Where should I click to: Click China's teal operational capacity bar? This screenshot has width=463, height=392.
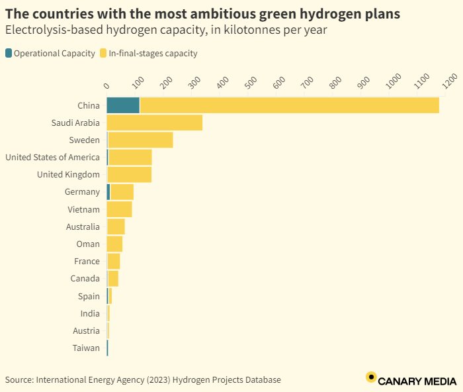123,105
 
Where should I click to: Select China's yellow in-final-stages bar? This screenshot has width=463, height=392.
289,105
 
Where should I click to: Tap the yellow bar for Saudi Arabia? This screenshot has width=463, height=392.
154,122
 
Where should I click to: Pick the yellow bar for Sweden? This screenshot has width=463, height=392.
140,140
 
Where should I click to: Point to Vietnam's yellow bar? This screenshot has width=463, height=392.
119,209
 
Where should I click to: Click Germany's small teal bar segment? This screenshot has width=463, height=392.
108,192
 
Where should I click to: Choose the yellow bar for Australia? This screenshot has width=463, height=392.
116,226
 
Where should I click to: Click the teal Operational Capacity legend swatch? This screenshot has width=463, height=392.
9,54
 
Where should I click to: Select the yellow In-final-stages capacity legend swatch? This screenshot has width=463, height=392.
103,54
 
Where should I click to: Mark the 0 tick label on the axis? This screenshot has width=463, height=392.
107,86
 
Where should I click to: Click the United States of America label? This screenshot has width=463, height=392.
52,158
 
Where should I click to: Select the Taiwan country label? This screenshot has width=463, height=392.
87,348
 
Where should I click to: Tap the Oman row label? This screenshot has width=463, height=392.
88,244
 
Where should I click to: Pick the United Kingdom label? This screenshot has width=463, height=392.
68,175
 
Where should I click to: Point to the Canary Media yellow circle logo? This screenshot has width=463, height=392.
371,378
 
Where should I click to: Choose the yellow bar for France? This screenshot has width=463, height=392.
114,262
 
